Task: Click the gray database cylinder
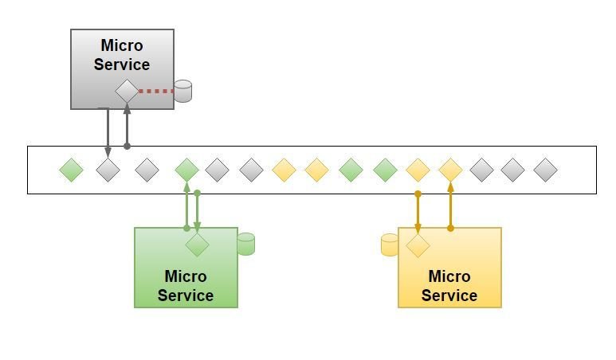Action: pyautogui.click(x=183, y=91)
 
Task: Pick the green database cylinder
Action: pyautogui.click(x=245, y=244)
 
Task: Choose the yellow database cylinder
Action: pyautogui.click(x=390, y=245)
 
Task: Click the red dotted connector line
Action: pyautogui.click(x=156, y=91)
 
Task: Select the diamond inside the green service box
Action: pyautogui.click(x=197, y=245)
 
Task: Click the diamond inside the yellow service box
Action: pyautogui.click(x=418, y=245)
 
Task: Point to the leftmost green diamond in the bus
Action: pyautogui.click(x=72, y=170)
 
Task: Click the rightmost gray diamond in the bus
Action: pyautogui.click(x=545, y=170)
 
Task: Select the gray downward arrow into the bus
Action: pyautogui.click(x=108, y=131)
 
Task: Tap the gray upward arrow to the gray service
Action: pyautogui.click(x=127, y=126)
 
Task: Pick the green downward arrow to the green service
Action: pyautogui.click(x=198, y=211)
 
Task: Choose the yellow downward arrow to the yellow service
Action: pyautogui.click(x=418, y=212)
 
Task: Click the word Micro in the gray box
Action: pyautogui.click(x=122, y=45)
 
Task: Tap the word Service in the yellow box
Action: pyautogui.click(x=449, y=295)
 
